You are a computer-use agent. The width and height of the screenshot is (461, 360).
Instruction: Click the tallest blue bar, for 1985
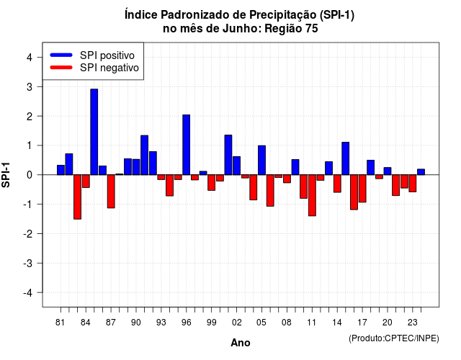coord(94,132)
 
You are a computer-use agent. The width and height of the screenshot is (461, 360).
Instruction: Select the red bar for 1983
coord(77,197)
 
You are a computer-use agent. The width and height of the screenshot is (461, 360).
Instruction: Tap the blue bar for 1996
coord(186,145)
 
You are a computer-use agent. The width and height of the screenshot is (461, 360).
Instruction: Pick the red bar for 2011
coord(312,195)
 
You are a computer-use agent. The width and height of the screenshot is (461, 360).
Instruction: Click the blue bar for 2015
coord(346,158)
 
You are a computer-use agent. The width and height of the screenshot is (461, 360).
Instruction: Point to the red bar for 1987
coord(111,192)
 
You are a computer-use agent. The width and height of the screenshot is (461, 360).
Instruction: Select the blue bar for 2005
coord(261,160)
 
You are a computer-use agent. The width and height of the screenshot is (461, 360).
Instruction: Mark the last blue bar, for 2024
coord(421,172)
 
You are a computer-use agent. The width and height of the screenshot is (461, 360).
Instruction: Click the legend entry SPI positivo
coord(107,55)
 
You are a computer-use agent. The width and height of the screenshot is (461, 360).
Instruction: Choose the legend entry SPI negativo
coord(109,68)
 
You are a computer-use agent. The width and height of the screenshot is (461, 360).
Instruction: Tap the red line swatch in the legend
coord(61,67)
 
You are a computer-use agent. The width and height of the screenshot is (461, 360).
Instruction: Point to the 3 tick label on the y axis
coord(30,86)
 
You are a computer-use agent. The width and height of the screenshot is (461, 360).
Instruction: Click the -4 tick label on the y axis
coord(28,292)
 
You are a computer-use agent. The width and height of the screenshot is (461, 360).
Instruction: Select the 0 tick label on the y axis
coord(30,175)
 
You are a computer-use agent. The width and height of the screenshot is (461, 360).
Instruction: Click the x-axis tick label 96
coord(186,323)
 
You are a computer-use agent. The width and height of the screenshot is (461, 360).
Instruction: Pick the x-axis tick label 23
coord(413,323)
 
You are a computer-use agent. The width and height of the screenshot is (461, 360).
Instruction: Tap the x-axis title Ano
coord(241,343)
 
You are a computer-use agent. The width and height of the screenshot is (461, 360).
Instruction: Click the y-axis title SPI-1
coord(6,175)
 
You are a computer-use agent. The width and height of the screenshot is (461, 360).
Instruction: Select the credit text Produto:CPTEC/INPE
coord(394,338)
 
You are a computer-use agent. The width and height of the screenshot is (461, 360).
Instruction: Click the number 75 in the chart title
coord(312,29)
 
